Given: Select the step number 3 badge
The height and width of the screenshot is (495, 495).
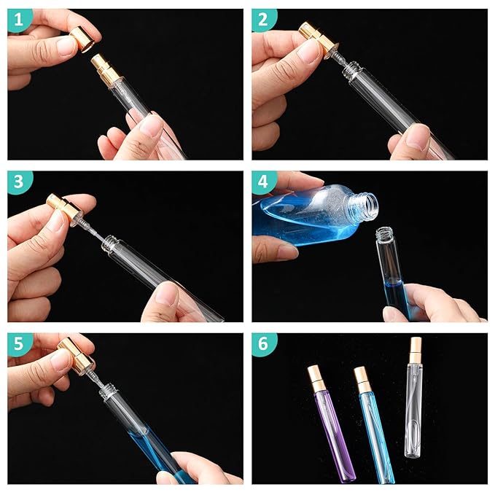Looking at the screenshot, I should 19,183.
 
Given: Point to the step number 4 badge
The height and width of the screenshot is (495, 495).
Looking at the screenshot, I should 264,183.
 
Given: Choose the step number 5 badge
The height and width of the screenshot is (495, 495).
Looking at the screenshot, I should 19,345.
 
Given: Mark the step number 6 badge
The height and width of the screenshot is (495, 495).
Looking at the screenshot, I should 264,345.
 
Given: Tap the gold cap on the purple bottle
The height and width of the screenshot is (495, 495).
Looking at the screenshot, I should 316,377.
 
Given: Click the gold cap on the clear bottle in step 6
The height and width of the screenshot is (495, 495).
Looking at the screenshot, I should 416,347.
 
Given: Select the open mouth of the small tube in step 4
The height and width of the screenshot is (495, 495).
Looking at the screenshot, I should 385,235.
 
